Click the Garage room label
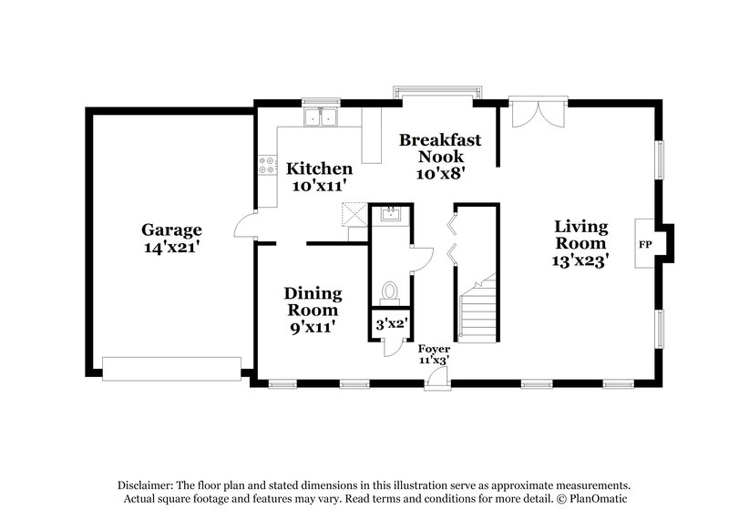pos(171,229)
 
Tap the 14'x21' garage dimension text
pos(171,247)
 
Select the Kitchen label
pos(319,168)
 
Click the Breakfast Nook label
pos(439,148)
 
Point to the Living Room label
pos(582,236)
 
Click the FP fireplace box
pos(646,245)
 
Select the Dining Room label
pos(313,301)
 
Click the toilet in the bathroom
pos(390,292)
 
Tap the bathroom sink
pos(390,215)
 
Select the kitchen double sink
pos(321,117)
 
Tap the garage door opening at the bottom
pos(171,368)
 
